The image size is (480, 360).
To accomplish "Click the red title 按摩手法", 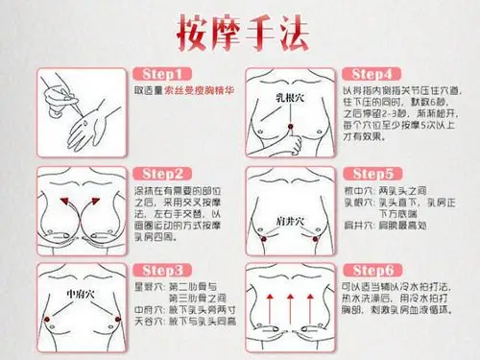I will pos(239,31).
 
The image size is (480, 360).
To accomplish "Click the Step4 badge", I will pos(370,73).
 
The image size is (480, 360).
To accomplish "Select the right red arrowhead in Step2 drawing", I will pos(103,201).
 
